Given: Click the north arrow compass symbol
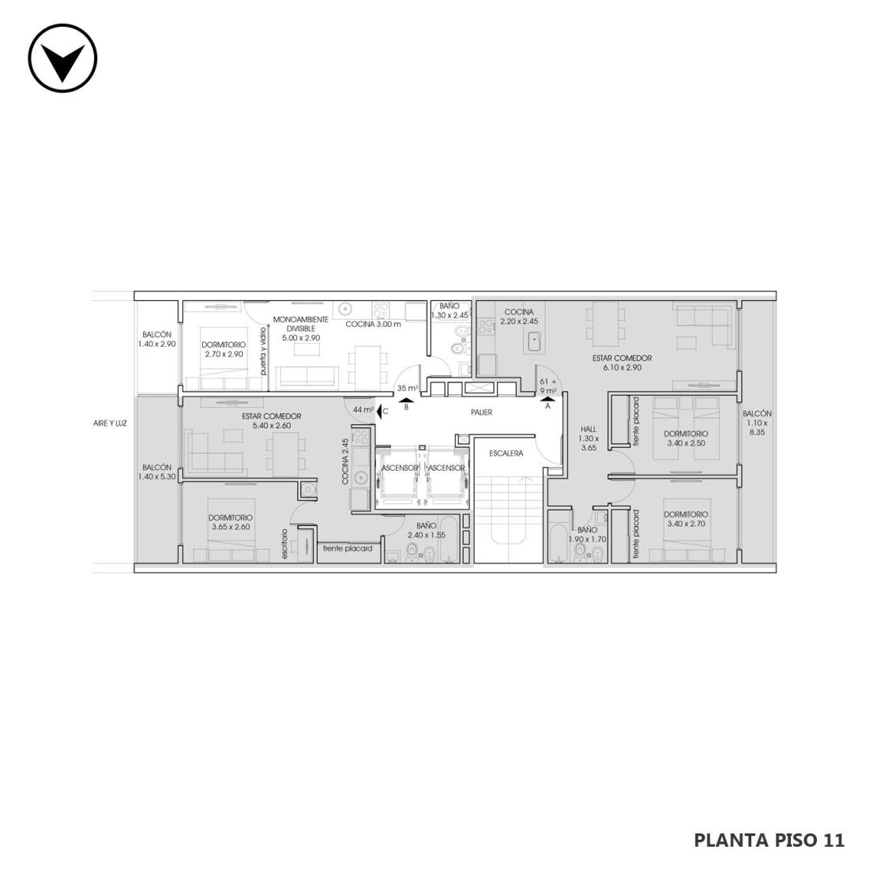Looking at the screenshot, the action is (62, 58).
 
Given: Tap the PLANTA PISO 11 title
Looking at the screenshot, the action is (769, 841).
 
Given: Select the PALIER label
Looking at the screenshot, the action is (481, 412).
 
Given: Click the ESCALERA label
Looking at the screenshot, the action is (506, 453).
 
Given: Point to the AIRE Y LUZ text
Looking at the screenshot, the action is (111, 423).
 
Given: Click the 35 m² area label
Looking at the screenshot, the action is (408, 388).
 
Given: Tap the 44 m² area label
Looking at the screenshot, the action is (363, 410).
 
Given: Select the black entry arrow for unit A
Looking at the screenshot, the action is (548, 398).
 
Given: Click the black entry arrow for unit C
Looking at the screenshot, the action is (379, 412).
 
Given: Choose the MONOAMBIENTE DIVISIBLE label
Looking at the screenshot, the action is (301, 324).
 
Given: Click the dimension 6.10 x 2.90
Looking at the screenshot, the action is (622, 367).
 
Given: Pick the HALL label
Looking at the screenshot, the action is (589, 429).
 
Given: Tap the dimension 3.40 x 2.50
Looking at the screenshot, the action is (686, 443).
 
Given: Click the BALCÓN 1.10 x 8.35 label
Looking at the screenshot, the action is (757, 423).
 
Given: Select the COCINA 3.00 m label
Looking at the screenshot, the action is (373, 324).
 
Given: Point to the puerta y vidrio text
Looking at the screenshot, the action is (263, 352).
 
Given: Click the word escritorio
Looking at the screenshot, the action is (284, 544).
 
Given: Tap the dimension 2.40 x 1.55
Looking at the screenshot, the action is (426, 535).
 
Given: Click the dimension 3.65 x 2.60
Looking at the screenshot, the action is (231, 527).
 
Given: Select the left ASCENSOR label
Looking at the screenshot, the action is (400, 468).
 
